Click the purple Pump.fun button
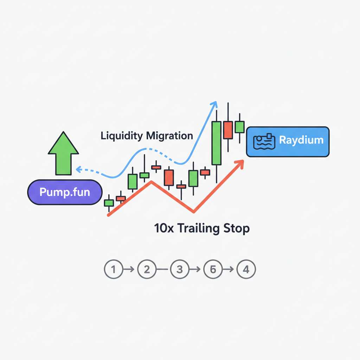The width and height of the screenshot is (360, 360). [x=65, y=192]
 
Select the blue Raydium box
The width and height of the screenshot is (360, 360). [x=288, y=142]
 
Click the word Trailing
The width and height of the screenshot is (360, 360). [x=199, y=228]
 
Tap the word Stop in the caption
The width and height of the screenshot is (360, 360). [x=237, y=228]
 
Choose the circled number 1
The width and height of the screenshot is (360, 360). [x=113, y=270]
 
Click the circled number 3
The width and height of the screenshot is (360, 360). [x=180, y=270]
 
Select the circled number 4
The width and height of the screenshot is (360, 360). [x=246, y=270]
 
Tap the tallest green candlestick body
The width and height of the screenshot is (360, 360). [x=217, y=143]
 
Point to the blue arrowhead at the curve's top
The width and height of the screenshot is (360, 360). [x=214, y=104]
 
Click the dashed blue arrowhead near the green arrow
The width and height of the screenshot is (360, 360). [x=79, y=169]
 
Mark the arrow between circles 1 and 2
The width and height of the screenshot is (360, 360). [x=129, y=270]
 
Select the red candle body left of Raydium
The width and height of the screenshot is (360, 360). [x=228, y=130]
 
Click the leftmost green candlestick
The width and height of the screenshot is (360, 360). [x=109, y=203]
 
